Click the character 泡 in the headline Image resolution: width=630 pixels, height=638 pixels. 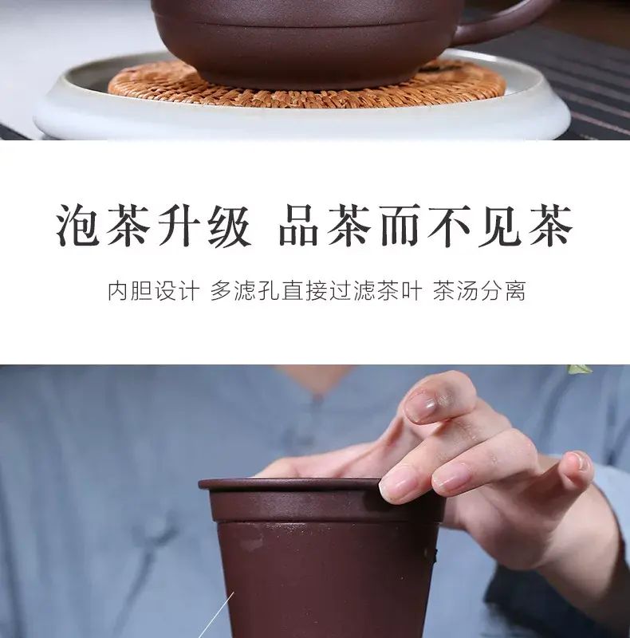pos(77,226)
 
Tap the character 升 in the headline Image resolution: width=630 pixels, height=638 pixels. pos(179,226)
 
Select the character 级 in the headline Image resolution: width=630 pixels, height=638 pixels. pos(230,226)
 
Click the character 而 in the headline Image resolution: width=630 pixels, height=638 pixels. pos(400,226)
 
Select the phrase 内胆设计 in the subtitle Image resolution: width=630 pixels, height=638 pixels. pos(154,291)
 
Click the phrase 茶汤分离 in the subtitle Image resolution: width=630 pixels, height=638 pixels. pos(479,291)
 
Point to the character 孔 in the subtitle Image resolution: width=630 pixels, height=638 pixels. pos(269,291)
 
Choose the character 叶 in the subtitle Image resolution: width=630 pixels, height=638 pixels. pos(411,291)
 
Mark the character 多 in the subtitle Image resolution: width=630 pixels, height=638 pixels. pos(221,291)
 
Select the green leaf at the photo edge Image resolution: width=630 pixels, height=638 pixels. pos(580,369)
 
